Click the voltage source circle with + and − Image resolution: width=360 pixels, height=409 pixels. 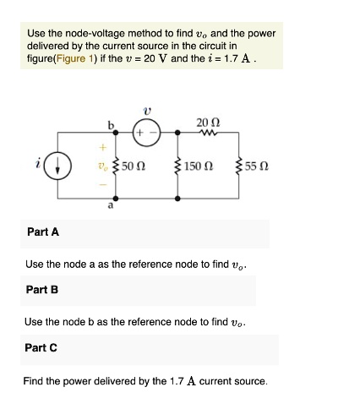pos(145,132)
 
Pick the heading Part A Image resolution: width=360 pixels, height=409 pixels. pos(42,232)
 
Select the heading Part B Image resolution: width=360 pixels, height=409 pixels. pos(42,290)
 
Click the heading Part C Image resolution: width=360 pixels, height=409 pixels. pos(42,347)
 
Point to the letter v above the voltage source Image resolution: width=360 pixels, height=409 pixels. pos(146,109)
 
